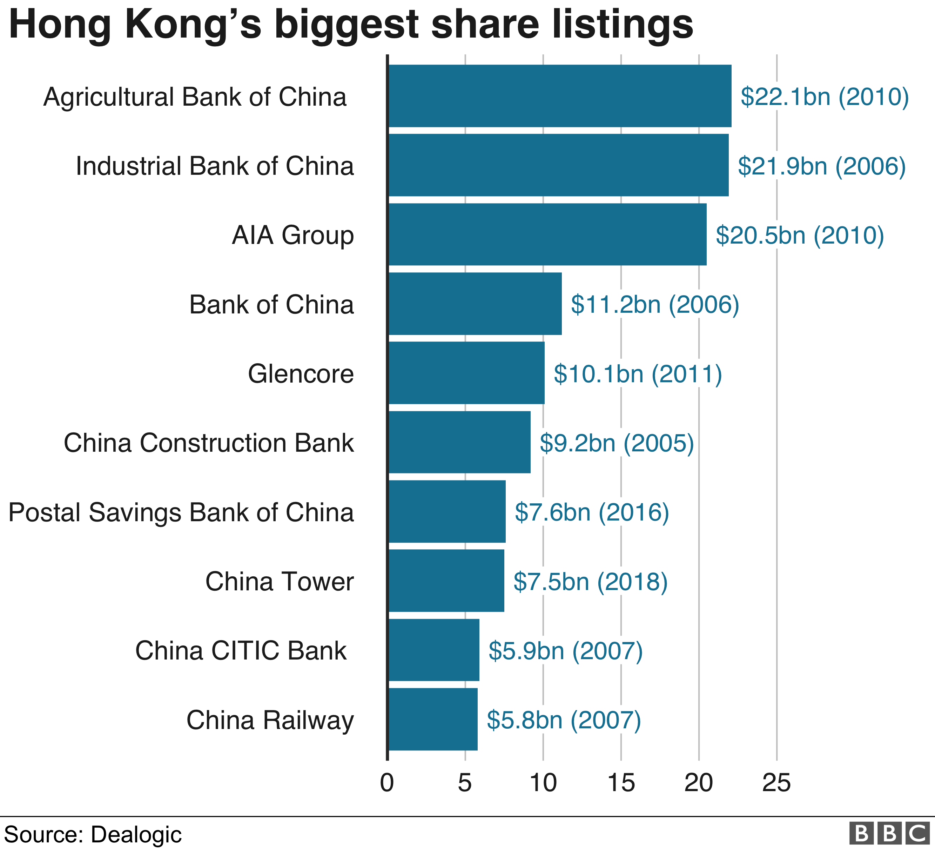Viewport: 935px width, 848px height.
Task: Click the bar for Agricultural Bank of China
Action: [559, 95]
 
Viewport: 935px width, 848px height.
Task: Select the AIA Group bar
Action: [547, 234]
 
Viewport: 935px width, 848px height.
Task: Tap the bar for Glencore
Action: [466, 373]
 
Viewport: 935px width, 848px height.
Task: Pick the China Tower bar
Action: [446, 581]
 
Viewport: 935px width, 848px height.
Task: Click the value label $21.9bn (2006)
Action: [821, 166]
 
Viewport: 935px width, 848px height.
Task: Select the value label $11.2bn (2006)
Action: [654, 304]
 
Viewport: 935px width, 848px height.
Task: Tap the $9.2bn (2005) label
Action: [616, 443]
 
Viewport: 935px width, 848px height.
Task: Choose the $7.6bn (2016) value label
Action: [592, 512]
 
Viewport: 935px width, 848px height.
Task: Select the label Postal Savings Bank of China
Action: [181, 512]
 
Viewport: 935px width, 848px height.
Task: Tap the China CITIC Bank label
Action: [240, 650]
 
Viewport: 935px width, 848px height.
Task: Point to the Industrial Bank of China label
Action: [215, 166]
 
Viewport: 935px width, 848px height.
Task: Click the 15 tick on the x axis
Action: [621, 783]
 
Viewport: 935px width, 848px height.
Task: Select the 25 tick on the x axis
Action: [776, 783]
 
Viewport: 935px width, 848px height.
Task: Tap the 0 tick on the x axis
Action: [387, 783]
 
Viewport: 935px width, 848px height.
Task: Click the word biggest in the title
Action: [346, 26]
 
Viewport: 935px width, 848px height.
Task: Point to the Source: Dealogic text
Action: [93, 834]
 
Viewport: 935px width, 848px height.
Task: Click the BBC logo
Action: [889, 833]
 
